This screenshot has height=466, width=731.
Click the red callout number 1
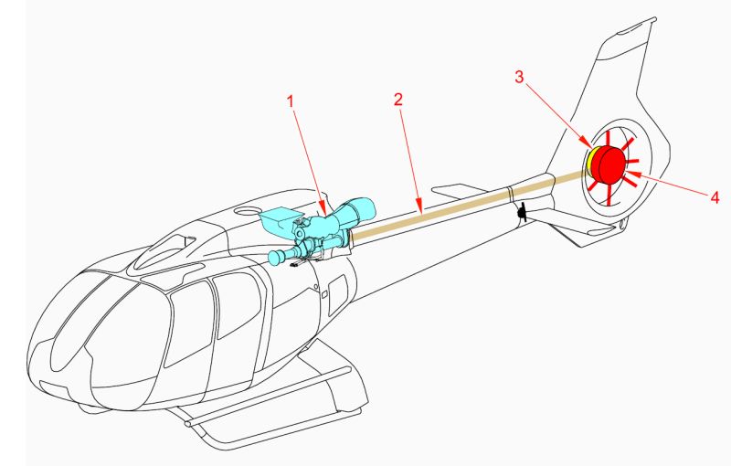291,101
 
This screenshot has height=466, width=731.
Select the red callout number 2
397,100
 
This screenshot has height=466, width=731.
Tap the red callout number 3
519,77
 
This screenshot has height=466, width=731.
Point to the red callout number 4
715,197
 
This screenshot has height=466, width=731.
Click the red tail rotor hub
609,164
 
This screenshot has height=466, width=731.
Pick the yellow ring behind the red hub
589,162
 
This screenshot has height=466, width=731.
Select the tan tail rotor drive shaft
469,204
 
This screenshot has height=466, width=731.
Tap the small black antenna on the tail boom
523,213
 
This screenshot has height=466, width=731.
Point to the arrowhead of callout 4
631,175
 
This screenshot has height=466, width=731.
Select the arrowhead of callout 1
323,208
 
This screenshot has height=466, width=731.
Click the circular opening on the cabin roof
247,211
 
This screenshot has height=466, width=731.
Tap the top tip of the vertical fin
654,19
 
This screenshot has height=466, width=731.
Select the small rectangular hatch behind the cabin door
338,293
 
